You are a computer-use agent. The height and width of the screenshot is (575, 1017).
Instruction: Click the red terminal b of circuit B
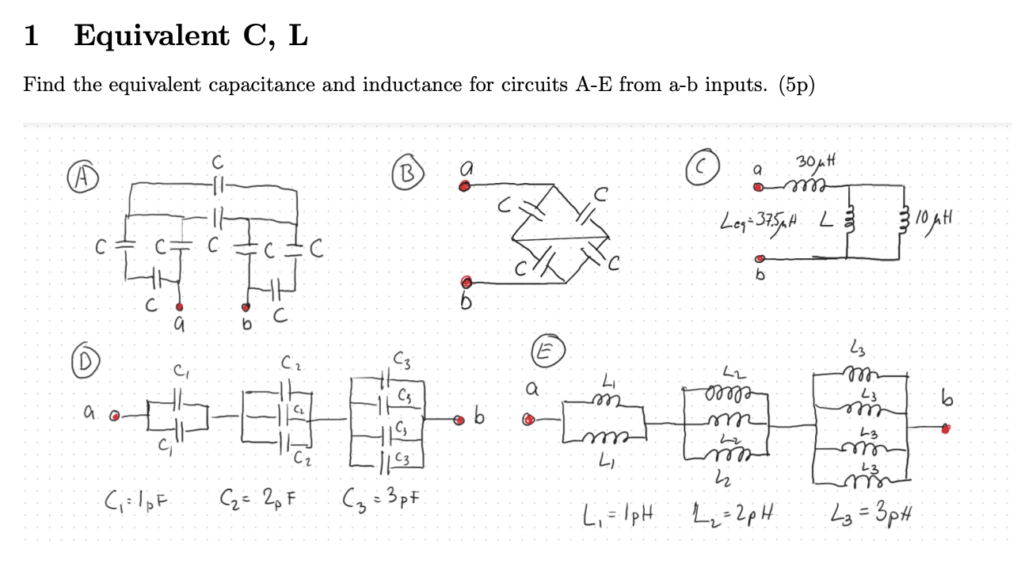467,282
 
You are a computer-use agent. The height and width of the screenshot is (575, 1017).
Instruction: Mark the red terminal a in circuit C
758,188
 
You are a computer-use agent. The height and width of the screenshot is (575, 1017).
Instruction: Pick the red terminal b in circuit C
759,258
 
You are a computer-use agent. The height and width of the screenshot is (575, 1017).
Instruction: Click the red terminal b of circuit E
944,428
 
